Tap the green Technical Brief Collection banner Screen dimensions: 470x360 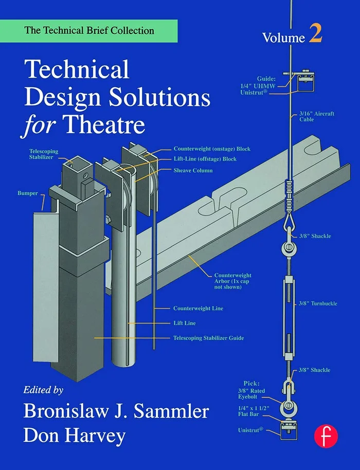coord(88,31)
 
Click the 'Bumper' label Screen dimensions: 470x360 coord(28,193)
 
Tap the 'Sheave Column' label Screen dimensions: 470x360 coord(193,170)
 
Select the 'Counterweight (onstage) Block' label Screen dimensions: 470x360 coord(211,149)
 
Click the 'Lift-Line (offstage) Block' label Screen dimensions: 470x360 coord(205,159)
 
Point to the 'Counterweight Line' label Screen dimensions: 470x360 coord(198,308)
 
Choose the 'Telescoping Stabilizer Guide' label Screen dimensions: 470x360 coord(208,338)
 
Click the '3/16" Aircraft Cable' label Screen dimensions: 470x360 coord(314,116)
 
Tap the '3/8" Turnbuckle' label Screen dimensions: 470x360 coord(318,303)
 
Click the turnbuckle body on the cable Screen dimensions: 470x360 coord(288,306)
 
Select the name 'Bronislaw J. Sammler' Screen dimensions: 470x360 coord(115,411)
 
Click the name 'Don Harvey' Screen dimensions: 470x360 coord(74,436)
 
